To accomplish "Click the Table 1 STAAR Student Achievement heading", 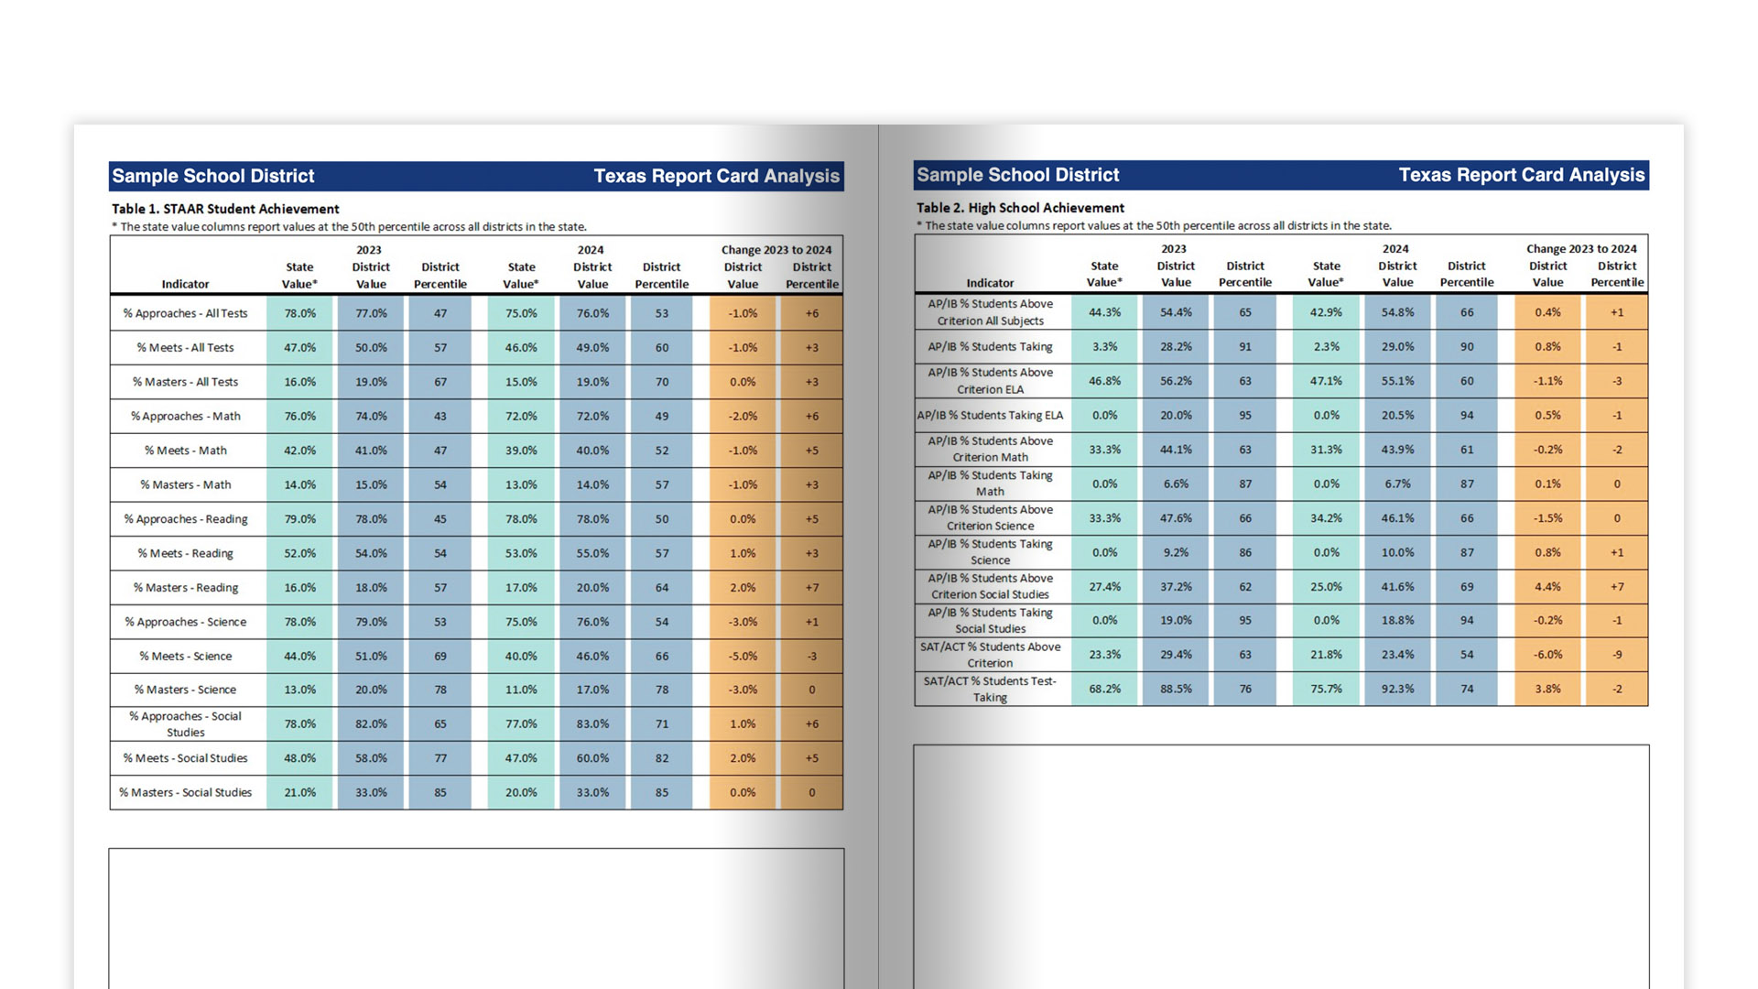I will (x=225, y=209).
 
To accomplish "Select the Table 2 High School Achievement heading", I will (x=1020, y=208).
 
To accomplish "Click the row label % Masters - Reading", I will (x=186, y=588).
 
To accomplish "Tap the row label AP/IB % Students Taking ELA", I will (x=990, y=416).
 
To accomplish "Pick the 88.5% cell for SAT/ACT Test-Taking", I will (x=1176, y=689).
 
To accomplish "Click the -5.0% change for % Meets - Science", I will (x=743, y=656).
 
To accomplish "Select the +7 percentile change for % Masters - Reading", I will (x=811, y=588).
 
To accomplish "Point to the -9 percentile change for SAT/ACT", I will (x=1617, y=655).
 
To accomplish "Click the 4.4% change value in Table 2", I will (x=1547, y=587).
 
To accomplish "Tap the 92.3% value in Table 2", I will (x=1397, y=689).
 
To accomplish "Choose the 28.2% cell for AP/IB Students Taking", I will (x=1176, y=347).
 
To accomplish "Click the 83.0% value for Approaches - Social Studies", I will (x=592, y=723).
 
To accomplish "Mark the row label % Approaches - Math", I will (x=186, y=417).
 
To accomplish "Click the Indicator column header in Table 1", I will (x=186, y=284).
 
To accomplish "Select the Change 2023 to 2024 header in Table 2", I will (x=1581, y=249).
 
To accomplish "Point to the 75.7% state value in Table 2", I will (x=1326, y=689).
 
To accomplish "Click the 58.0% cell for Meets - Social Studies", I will (x=371, y=758).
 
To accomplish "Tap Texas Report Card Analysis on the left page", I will (x=716, y=176).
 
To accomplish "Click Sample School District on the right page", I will (x=1018, y=175).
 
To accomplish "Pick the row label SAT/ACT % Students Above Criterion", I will (x=990, y=655).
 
